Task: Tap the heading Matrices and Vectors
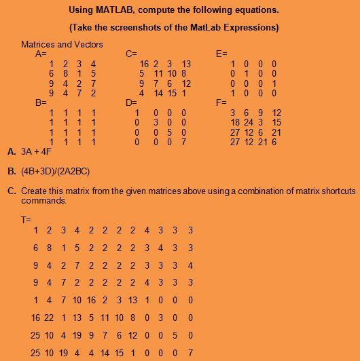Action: point(62,44)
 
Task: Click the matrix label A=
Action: point(41,53)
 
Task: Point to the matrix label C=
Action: point(132,53)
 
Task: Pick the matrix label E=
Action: point(221,53)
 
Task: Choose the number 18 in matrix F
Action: point(235,122)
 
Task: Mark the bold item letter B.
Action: point(11,172)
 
